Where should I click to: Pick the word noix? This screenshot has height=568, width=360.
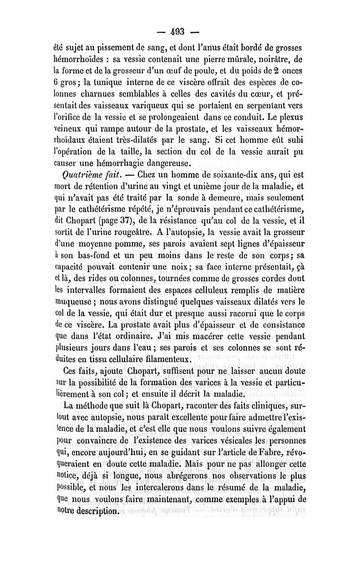click(x=178, y=269)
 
